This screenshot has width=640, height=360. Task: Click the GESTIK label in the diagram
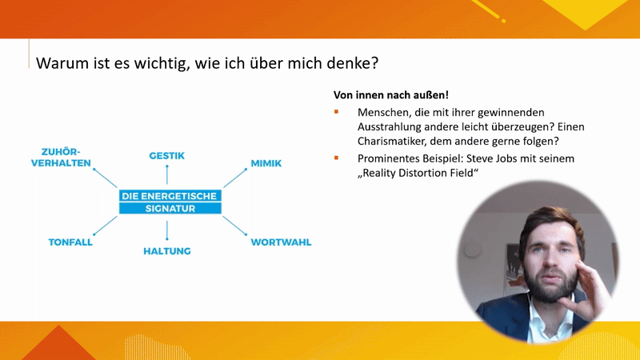tap(166, 155)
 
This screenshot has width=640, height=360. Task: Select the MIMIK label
tap(266, 163)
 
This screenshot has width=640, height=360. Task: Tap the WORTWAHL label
tap(281, 242)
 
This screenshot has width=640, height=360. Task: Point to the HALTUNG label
tap(167, 251)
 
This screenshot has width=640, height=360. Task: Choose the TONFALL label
tap(70, 242)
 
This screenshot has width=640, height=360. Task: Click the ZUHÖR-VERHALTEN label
tap(61, 157)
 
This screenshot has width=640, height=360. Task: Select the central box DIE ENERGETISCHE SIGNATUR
tap(170, 202)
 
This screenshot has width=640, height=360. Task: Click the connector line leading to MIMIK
tap(235, 178)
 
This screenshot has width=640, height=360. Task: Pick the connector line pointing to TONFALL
tap(106, 226)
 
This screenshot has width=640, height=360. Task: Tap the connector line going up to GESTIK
tap(167, 174)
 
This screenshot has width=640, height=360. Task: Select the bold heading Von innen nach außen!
tap(391, 95)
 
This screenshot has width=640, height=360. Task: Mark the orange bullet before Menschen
tap(336, 111)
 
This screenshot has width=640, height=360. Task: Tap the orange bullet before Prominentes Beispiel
tap(336, 158)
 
